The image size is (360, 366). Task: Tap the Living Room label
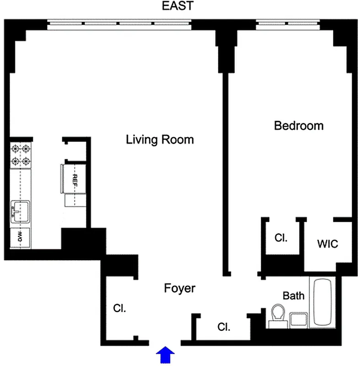coord(160,140)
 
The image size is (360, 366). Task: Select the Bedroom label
coord(298,125)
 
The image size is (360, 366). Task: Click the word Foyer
coord(180,289)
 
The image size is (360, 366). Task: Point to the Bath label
coord(293,296)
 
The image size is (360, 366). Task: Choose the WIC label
coord(328,244)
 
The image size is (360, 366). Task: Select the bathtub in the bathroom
coord(324,302)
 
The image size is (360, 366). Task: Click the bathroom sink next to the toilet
coord(299,320)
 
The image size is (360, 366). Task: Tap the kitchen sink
coord(20,212)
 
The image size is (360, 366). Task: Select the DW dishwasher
coord(20,237)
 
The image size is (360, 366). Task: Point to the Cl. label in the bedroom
coord(280,238)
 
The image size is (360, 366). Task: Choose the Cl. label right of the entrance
coord(224,327)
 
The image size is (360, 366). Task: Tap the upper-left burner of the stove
coord(15,149)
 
